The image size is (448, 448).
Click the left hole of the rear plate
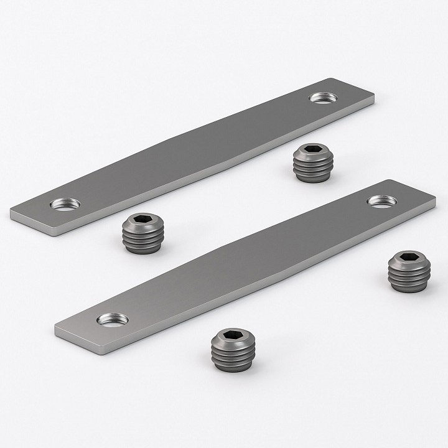coord(65,203)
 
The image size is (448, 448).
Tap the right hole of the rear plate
coord(324,98)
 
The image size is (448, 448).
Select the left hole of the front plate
coord(113,319)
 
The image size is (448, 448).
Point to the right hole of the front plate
coord(382,201)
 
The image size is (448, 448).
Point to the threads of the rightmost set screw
coord(409,278)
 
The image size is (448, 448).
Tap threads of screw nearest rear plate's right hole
coord(312,170)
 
